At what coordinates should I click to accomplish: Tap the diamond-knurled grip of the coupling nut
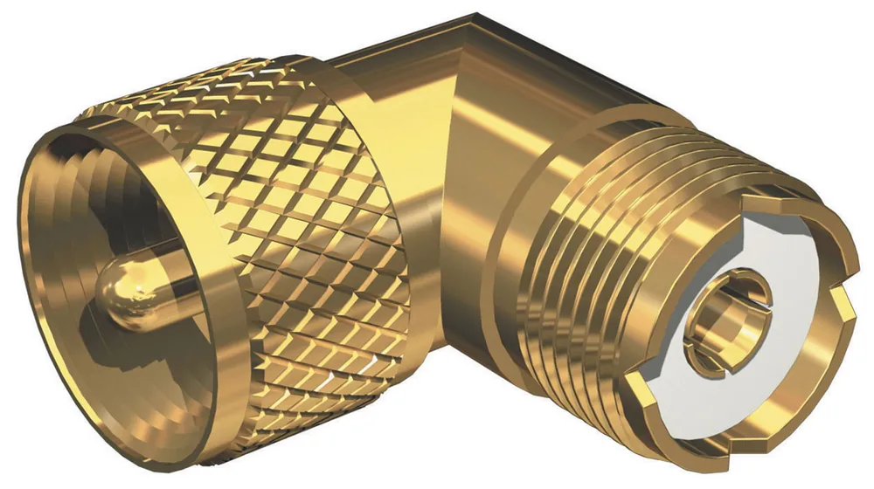point(288,218)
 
